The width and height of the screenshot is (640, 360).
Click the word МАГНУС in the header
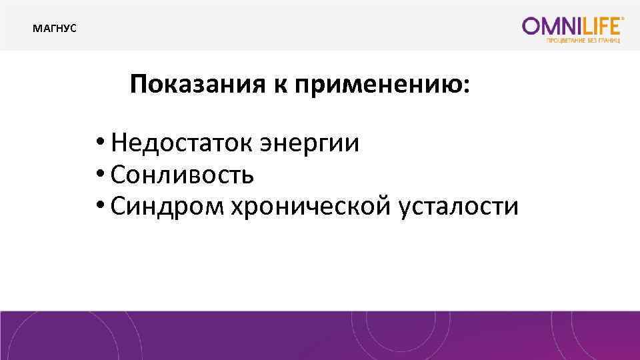click(55, 29)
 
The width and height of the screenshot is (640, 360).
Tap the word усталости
click(458, 207)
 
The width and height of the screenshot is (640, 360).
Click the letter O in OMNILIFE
click(532, 26)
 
